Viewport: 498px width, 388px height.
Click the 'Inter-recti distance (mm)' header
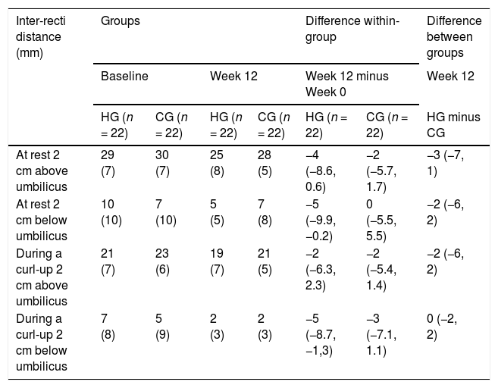41,36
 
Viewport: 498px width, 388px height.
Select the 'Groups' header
121,21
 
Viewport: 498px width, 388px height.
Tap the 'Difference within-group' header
352,29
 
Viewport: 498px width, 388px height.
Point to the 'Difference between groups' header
454,36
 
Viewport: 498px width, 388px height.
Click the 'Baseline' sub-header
124,77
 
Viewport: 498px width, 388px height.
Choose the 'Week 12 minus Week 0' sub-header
347,84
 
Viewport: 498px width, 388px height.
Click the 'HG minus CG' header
453,125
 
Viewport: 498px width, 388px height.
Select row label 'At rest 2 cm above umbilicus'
42,171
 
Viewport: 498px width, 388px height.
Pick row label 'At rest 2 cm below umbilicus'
42,220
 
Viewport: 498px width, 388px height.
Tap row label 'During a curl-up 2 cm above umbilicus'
42,277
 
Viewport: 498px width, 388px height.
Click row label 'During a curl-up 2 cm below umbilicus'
42,343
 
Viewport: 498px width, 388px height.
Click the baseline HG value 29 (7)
108,163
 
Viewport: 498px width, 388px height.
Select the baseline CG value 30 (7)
162,163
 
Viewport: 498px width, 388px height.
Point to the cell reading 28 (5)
265,163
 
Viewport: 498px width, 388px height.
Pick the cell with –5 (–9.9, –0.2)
321,220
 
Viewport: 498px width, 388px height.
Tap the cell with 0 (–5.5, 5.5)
381,220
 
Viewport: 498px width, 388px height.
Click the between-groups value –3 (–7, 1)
445,163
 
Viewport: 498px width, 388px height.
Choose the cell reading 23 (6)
162,261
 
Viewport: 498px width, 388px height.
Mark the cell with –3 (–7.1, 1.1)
381,334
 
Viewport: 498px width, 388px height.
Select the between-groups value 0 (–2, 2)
442,327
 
